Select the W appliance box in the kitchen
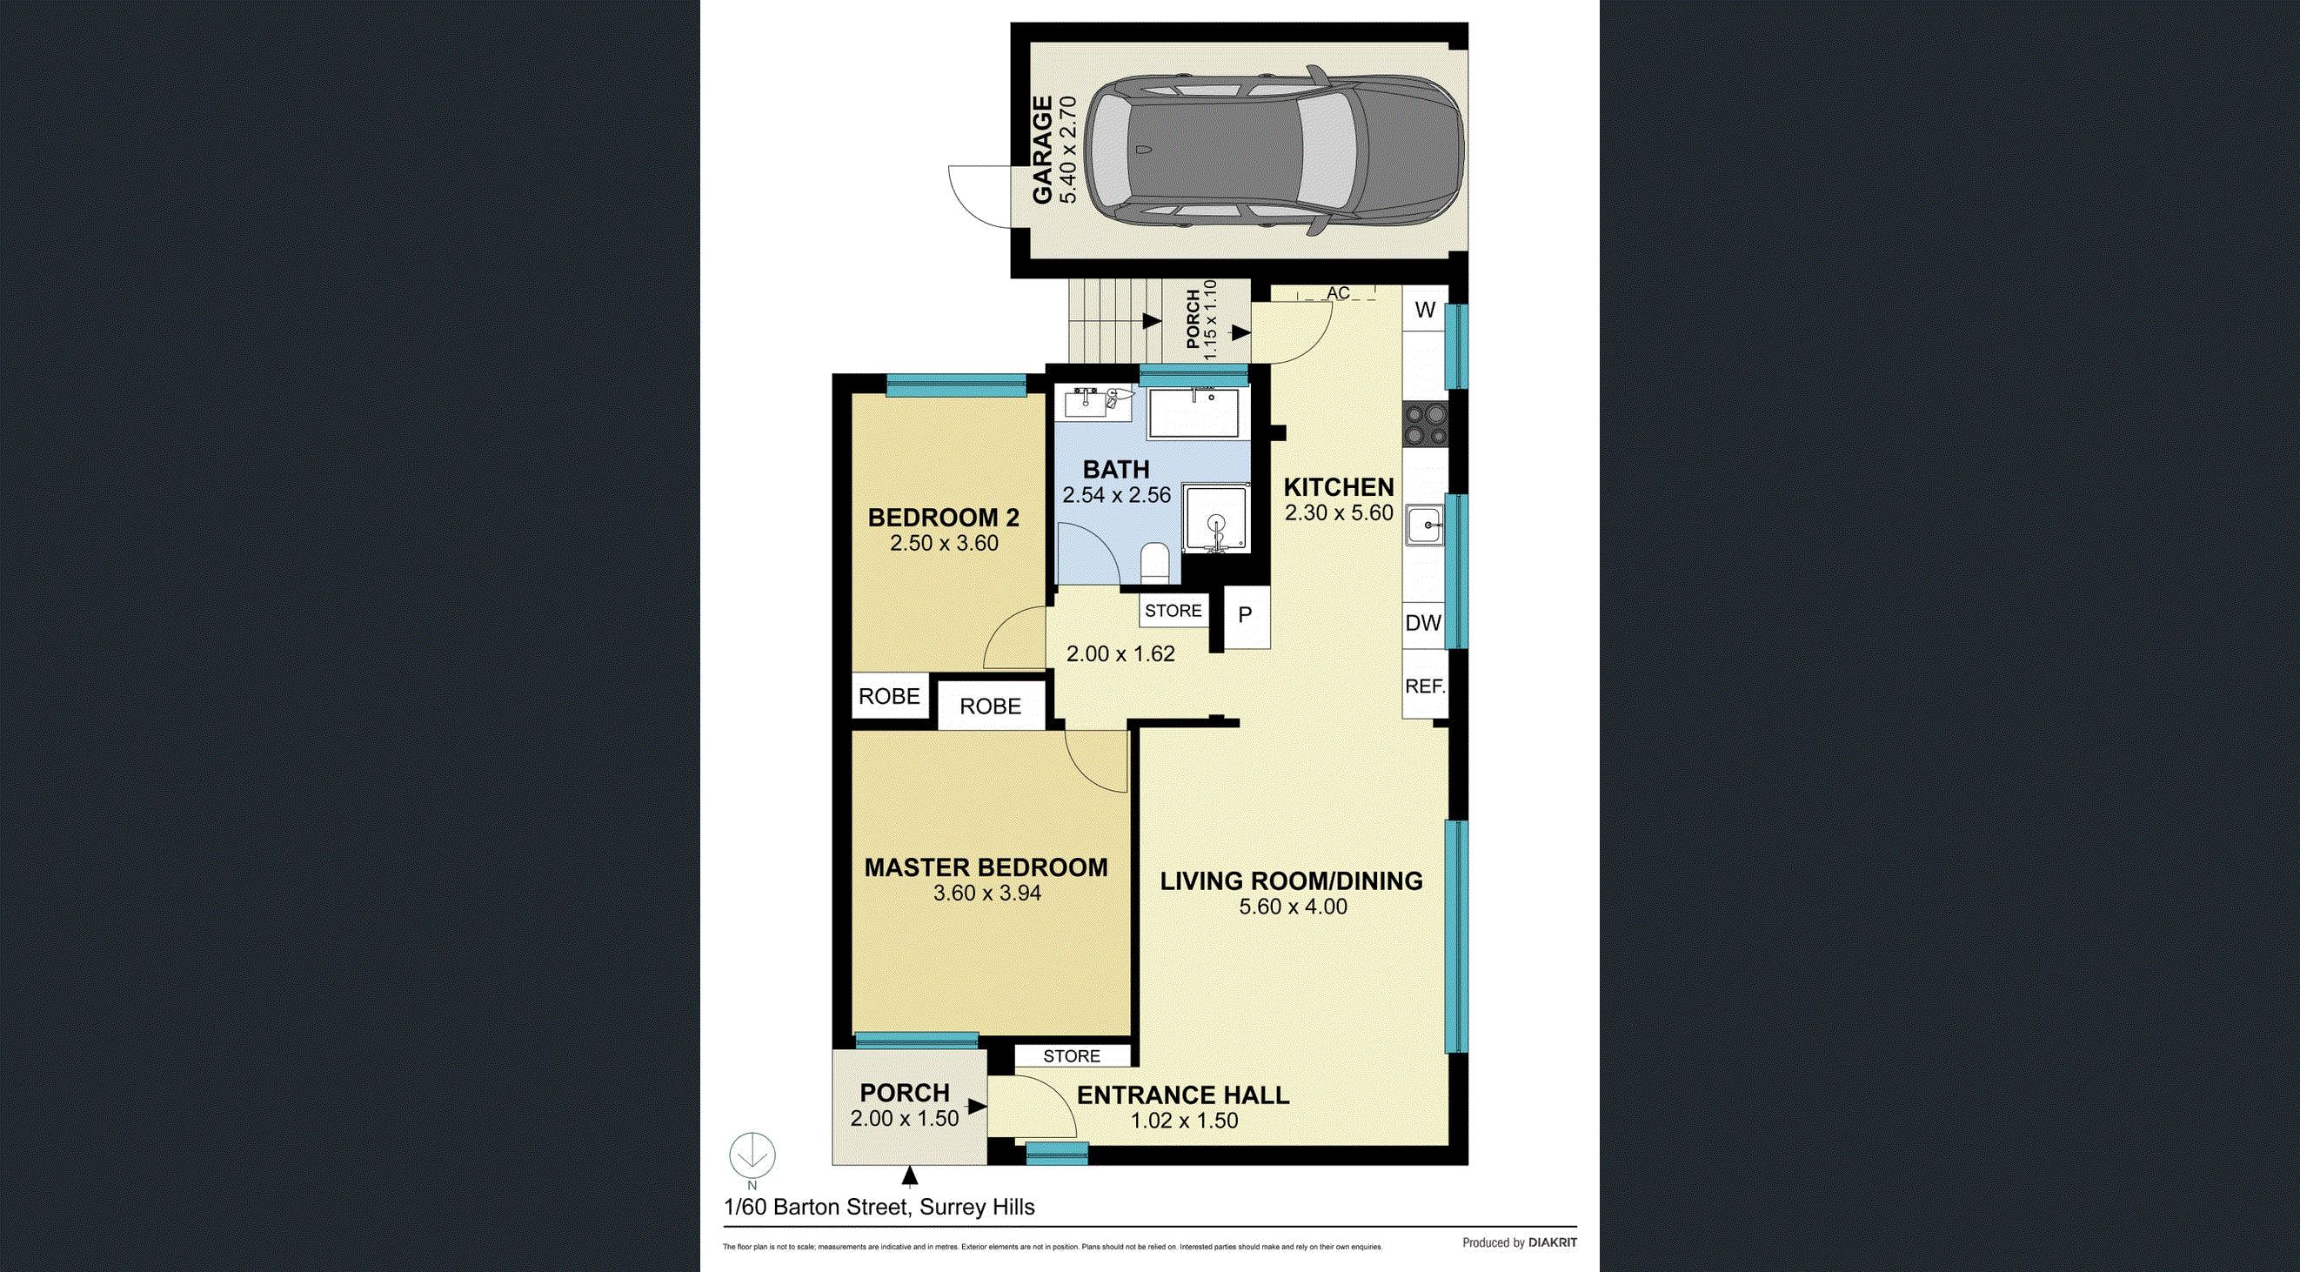(x=1426, y=310)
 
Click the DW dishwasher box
(x=1423, y=623)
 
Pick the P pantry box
(x=1246, y=614)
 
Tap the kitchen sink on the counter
(x=1424, y=525)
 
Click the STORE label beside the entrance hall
(x=1072, y=1056)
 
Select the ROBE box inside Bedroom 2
(x=889, y=696)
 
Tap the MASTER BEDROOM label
(x=986, y=867)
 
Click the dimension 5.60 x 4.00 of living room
(x=1293, y=907)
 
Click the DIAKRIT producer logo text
(x=1553, y=1242)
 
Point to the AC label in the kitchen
(x=1337, y=293)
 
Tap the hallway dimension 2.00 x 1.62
(x=1120, y=654)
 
